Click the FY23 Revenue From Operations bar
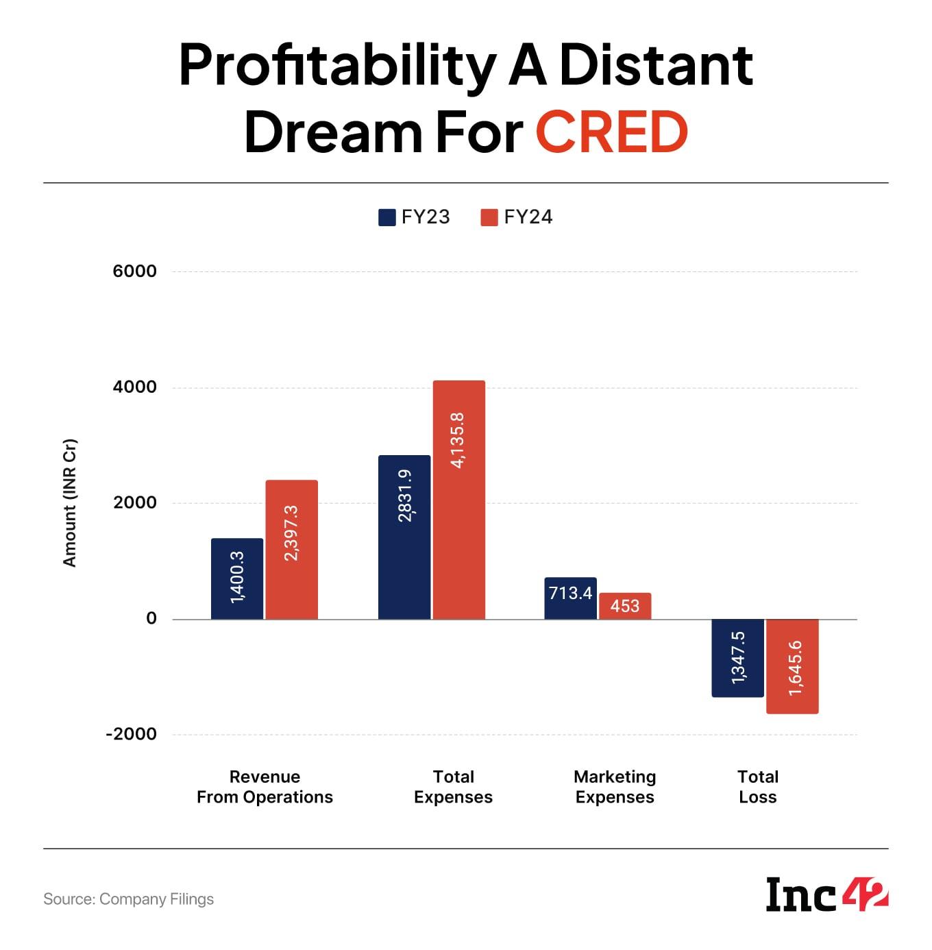click(x=237, y=579)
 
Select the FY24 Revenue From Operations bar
click(x=292, y=550)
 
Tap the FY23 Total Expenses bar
click(x=404, y=537)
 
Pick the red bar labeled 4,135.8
click(x=459, y=500)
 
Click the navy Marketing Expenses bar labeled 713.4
click(x=570, y=598)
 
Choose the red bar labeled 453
click(x=625, y=606)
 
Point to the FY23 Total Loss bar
click(x=738, y=658)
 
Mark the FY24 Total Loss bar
click(x=792, y=666)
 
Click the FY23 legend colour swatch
click(x=387, y=217)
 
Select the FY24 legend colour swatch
click(x=489, y=217)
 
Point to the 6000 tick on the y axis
click(x=135, y=271)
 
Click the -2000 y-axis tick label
click(x=132, y=734)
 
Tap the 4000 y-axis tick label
click(x=135, y=387)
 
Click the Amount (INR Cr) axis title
click(x=69, y=502)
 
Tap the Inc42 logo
click(x=827, y=894)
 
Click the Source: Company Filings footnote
click(x=129, y=899)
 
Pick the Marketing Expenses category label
click(x=615, y=787)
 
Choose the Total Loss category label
click(x=758, y=787)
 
